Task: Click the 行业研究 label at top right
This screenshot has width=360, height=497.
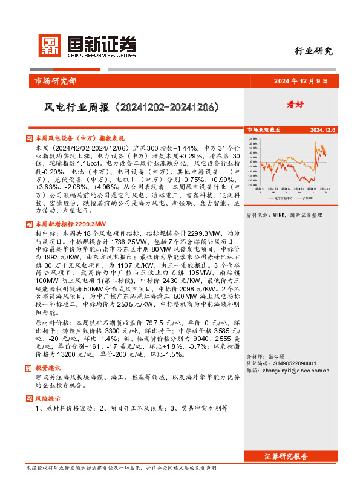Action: (313, 51)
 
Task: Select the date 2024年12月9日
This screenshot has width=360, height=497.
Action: (300, 81)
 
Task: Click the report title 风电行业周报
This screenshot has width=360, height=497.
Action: (125, 108)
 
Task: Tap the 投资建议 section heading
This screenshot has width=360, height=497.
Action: (48, 367)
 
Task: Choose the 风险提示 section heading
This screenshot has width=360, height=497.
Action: (48, 398)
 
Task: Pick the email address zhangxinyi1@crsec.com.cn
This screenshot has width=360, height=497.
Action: (298, 370)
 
